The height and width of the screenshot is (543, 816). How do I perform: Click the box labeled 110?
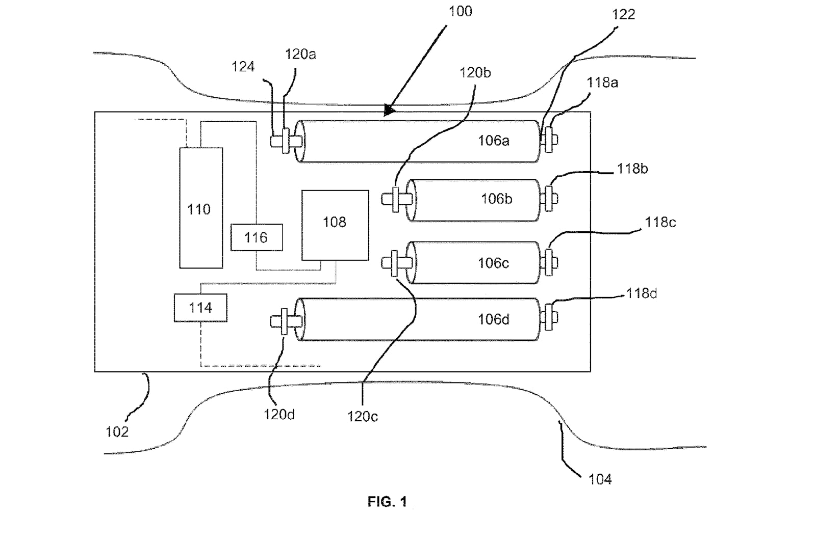pos(201,208)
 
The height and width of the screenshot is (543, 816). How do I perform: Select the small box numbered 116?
pos(257,237)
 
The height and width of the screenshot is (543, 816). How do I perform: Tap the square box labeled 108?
pos(335,225)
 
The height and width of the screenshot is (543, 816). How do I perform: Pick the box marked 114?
pos(200,308)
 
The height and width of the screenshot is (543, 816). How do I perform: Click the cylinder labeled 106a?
pos(418,141)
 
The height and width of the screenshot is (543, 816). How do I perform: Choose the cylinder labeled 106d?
pos(418,319)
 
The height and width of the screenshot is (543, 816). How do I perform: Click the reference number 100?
pos(460,11)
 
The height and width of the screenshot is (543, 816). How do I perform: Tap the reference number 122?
pos(623,14)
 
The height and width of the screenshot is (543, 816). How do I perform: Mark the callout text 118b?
pos(632,169)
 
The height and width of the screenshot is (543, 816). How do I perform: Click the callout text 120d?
pos(279,415)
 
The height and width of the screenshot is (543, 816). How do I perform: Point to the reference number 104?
pos(600,479)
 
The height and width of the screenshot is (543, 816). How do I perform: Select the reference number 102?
pos(117,432)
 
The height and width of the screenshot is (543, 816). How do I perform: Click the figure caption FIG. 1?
pos(387,502)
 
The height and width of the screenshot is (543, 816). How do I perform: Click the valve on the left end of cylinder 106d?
pos(284,321)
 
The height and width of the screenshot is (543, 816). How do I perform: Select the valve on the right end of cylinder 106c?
pos(550,262)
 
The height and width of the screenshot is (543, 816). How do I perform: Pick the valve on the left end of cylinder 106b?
pos(395,199)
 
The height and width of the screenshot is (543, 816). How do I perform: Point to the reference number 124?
pos(243,67)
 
